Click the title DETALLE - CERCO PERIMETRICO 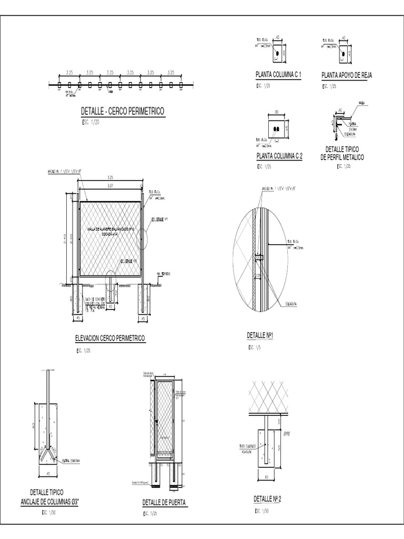click(123, 112)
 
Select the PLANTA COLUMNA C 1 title click(278, 75)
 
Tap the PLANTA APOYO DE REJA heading click(347, 75)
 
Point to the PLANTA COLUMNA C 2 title click(279, 156)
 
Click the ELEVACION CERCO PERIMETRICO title click(110, 338)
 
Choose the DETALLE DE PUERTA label click(164, 503)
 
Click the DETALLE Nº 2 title click(268, 498)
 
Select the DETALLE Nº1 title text click(261, 335)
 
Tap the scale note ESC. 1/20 click(91, 122)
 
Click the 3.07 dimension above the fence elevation click(110, 185)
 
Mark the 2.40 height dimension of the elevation click(66, 239)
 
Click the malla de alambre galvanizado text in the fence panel click(110, 229)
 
